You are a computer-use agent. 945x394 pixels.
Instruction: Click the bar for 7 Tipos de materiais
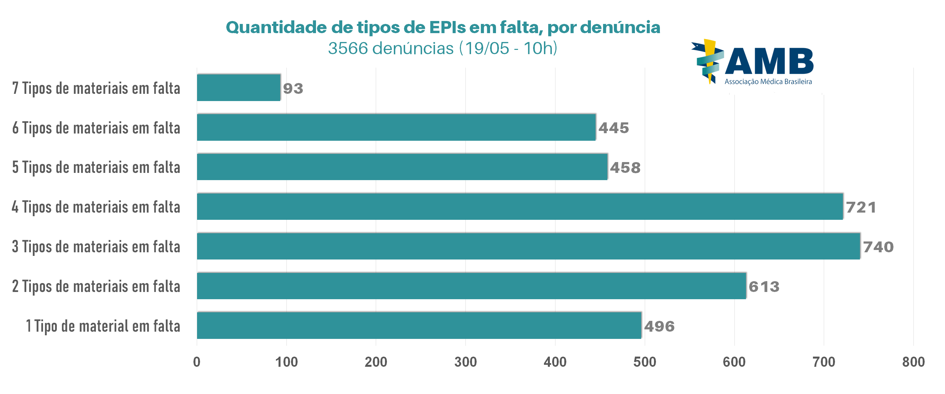238,88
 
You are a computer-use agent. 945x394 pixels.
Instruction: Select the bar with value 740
528,246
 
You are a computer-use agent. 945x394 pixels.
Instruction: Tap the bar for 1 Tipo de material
419,325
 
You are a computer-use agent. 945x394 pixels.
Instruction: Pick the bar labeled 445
396,127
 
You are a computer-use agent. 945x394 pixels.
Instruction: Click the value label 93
293,88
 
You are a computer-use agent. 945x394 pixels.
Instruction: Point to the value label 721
861,207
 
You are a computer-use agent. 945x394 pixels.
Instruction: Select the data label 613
764,287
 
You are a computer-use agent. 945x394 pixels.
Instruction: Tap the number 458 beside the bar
625,168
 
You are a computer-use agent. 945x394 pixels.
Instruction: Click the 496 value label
659,326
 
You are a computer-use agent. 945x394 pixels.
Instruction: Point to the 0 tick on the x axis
197,362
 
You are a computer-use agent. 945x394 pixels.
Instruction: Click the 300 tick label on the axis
465,362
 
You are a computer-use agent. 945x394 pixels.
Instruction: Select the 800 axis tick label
913,362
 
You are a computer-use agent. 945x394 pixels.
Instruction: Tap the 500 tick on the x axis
644,362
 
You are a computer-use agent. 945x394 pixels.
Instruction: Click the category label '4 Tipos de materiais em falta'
96,207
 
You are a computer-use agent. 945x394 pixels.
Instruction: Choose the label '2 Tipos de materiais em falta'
96,286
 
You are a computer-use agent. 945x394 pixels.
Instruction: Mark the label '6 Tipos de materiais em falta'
96,128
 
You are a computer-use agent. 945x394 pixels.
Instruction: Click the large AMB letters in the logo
769,61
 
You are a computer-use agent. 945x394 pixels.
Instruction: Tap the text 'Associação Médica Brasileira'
768,82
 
